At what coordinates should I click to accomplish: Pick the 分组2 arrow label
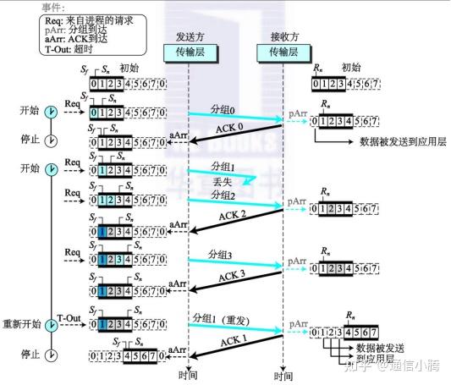point(223,194)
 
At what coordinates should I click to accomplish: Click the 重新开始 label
point(23,325)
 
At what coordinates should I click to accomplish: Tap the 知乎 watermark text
point(356,366)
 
